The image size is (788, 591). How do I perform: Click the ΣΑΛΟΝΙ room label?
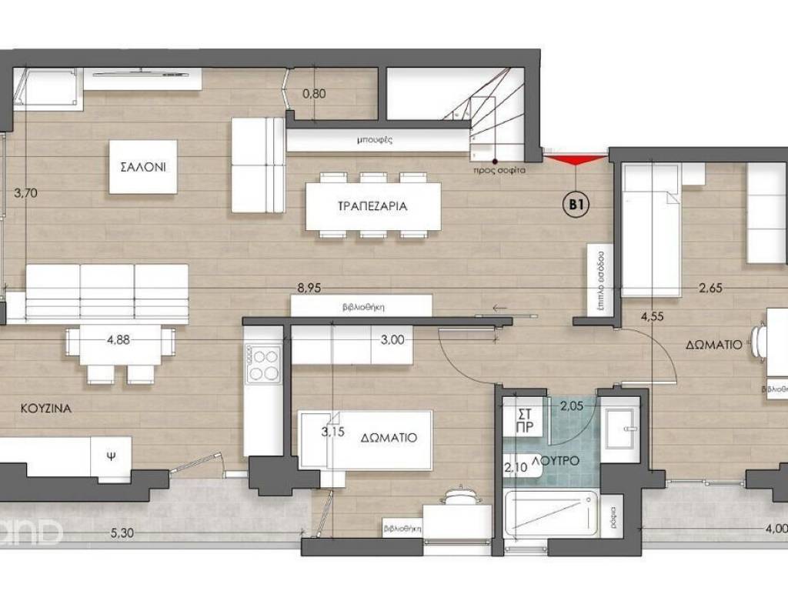[x=143, y=167]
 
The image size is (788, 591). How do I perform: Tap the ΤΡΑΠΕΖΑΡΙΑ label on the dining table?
[x=372, y=206]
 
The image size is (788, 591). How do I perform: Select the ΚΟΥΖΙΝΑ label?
[x=46, y=409]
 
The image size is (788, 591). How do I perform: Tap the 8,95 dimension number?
[x=309, y=288]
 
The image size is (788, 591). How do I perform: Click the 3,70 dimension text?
[x=25, y=193]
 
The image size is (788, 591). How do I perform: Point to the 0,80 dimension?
[x=314, y=95]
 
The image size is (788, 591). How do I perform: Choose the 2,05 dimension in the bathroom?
[x=572, y=406]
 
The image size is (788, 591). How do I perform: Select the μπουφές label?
[x=376, y=141]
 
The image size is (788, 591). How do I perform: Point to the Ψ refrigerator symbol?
[x=111, y=455]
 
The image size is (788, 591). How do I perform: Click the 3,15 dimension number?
[x=332, y=432]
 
